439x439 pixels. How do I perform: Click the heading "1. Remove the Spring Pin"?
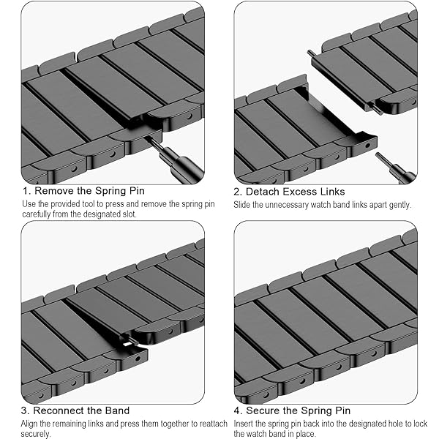point(83,191)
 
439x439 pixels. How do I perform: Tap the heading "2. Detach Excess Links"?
point(289,192)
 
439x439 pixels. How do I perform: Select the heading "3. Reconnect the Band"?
point(75,410)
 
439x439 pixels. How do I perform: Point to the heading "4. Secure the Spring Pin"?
point(292,410)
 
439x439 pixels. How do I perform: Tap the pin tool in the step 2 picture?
point(395,168)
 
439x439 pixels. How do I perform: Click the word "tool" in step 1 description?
point(89,204)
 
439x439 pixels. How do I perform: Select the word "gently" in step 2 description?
point(399,205)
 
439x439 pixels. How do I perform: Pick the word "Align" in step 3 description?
point(29,424)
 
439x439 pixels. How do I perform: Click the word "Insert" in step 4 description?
point(244,424)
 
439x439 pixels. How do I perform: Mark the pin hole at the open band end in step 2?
point(367,146)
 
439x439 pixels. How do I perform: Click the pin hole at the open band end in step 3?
point(138,359)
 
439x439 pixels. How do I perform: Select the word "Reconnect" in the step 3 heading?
point(59,410)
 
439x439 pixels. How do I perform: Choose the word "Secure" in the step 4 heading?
point(263,410)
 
